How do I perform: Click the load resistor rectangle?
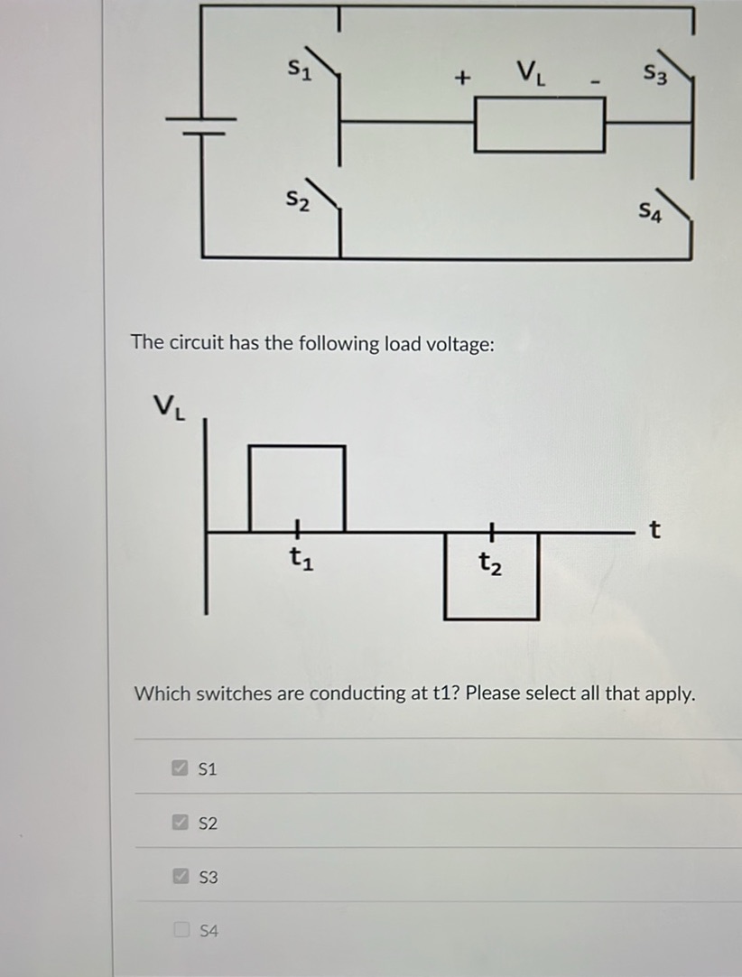[x=539, y=125]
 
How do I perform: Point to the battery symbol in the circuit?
[x=200, y=124]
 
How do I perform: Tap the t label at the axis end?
[x=654, y=530]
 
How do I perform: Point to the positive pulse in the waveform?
[x=297, y=488]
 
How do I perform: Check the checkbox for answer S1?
[x=181, y=768]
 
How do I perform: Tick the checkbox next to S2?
[x=181, y=823]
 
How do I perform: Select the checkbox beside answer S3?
[x=181, y=876]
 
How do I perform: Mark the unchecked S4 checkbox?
[x=181, y=929]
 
